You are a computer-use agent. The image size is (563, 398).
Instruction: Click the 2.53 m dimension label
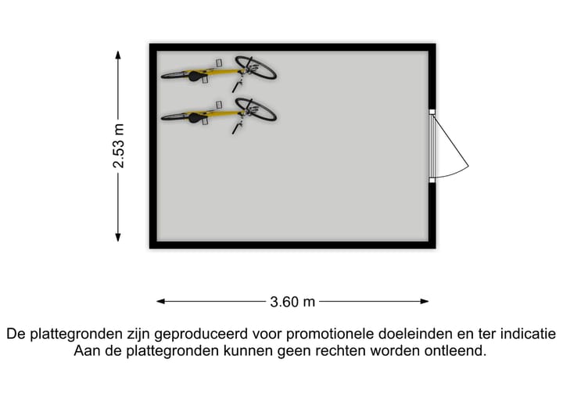click(119, 146)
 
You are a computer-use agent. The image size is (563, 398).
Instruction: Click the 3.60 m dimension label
click(292, 302)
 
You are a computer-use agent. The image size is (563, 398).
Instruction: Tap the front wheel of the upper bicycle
click(256, 67)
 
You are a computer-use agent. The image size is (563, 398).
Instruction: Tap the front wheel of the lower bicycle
click(256, 109)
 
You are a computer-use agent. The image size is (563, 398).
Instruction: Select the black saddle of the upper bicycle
click(196, 76)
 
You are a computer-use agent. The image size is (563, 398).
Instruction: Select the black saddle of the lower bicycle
click(196, 117)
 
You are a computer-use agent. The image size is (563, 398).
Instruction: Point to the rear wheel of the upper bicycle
click(176, 75)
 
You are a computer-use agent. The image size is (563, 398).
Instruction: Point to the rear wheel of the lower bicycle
click(176, 117)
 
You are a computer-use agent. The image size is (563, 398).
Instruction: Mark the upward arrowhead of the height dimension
click(118, 55)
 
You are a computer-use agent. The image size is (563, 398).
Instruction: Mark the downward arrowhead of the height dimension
click(118, 237)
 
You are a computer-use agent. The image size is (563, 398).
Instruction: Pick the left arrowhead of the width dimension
click(161, 301)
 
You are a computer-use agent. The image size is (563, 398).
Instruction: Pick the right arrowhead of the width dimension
click(425, 301)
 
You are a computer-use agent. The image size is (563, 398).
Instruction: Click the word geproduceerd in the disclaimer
click(201, 335)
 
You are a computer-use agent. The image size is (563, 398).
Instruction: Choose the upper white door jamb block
click(432, 112)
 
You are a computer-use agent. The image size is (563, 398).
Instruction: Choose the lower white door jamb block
click(432, 180)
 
